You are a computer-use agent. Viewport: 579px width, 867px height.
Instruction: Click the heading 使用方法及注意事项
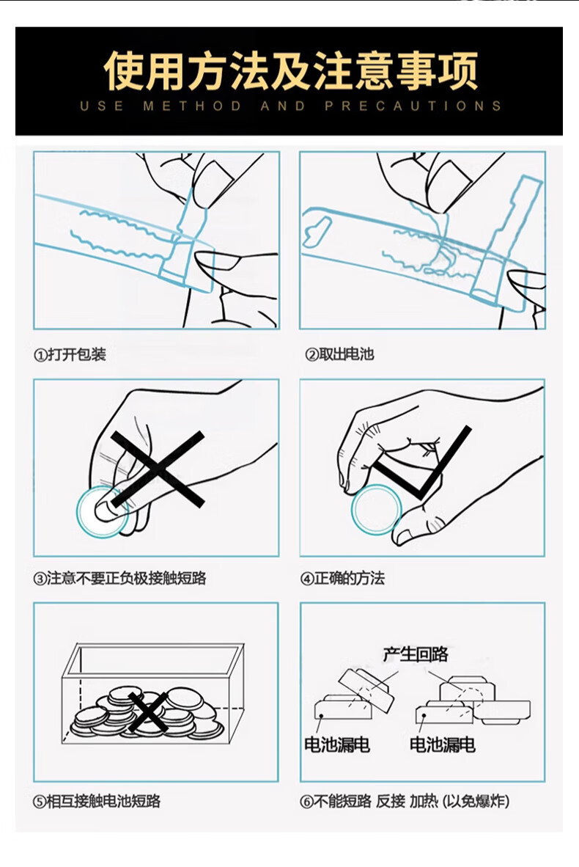290,70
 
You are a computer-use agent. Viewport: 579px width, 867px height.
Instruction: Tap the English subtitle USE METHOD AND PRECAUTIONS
290,106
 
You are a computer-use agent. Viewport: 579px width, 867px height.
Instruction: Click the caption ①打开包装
70,354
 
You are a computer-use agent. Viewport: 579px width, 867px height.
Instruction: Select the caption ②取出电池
340,354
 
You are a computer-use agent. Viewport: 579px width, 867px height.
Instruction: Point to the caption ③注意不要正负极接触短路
120,579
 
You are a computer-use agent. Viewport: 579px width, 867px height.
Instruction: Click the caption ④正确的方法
342,579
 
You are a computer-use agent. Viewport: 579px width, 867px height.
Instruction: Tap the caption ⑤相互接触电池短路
97,801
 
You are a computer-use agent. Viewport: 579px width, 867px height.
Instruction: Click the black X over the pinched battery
158,469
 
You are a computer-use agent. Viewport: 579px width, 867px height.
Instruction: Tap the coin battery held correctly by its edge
376,510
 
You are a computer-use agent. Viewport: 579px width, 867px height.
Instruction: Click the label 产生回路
416,655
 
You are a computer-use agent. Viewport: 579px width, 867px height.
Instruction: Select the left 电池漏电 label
337,745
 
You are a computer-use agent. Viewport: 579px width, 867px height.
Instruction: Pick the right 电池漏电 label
442,745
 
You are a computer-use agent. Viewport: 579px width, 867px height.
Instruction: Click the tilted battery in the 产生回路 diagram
366,690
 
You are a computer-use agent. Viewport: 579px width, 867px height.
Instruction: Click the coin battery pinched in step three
103,512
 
